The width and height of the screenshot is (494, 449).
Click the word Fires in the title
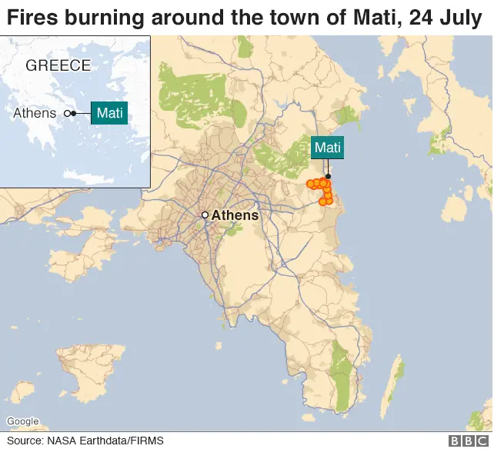[x=32, y=17]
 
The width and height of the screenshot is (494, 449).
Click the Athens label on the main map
[x=235, y=215]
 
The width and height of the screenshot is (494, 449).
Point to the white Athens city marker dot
[x=205, y=215]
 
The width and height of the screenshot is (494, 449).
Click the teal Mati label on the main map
[x=327, y=148]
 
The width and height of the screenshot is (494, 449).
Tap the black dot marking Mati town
[x=328, y=177]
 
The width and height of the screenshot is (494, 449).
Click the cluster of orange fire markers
[x=322, y=189]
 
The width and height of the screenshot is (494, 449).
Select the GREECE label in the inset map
[x=58, y=65]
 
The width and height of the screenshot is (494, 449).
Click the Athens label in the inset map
[x=35, y=113]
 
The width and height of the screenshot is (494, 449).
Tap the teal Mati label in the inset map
[x=108, y=113]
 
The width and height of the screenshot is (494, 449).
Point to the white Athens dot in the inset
[x=67, y=114]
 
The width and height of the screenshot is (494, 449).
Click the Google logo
[x=22, y=421]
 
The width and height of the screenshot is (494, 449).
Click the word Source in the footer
[x=25, y=441]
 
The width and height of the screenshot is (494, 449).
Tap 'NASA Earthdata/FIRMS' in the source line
[x=105, y=441]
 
